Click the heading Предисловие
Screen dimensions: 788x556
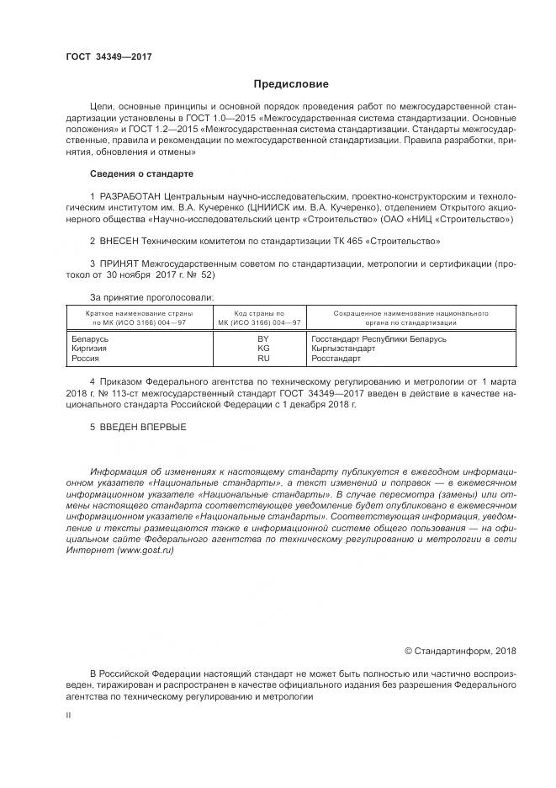pyautogui.click(x=291, y=83)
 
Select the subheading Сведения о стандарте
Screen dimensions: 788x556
pyautogui.click(x=141, y=173)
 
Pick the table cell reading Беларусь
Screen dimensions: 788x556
pyautogui.click(x=93, y=338)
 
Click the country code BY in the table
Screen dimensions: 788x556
pyautogui.click(x=263, y=338)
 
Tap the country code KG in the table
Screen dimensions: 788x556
pyautogui.click(x=263, y=348)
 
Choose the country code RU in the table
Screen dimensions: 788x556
pyautogui.click(x=263, y=358)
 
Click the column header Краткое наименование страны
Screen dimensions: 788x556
pyautogui.click(x=135, y=313)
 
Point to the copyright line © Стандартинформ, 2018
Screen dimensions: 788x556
pyautogui.click(x=460, y=650)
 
